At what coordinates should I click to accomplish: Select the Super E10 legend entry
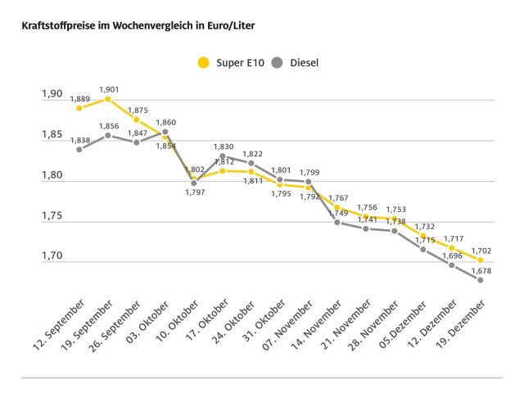[x=233, y=62]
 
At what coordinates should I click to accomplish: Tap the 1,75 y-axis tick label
[x=52, y=216]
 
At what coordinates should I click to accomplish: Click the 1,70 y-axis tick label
[x=52, y=256]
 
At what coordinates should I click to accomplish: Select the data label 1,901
[x=108, y=89]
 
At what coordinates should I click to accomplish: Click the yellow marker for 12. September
[x=79, y=108]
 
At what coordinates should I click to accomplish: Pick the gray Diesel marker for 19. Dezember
[x=480, y=280]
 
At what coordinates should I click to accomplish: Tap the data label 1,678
[x=480, y=270]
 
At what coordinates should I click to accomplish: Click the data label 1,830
[x=223, y=146]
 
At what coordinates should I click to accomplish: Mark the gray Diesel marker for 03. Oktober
[x=165, y=132]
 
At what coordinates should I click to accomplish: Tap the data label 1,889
[x=79, y=98]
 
